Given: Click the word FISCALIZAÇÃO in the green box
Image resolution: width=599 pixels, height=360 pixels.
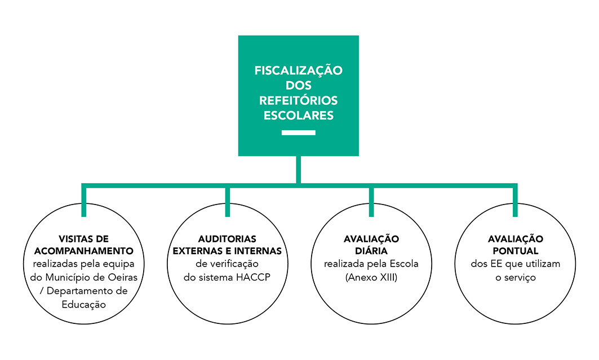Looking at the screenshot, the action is [x=298, y=70].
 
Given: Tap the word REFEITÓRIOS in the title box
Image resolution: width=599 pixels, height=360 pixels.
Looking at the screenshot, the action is [x=298, y=100].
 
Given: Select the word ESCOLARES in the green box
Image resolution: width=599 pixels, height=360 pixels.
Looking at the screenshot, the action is [x=298, y=115].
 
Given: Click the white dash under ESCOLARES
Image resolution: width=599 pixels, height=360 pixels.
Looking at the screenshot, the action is [x=298, y=132].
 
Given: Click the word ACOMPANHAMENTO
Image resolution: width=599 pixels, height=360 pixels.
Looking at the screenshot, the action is [x=83, y=251].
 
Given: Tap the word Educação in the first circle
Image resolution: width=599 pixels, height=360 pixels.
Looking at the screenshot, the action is [x=83, y=305].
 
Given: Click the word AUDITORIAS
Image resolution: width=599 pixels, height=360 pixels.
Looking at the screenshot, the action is [x=227, y=239].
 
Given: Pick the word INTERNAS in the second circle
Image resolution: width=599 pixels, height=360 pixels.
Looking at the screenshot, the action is [x=258, y=251].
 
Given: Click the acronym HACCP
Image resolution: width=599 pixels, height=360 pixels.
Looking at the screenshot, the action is [x=253, y=277].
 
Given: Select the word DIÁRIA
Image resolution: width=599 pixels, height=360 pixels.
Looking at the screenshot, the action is [x=371, y=251].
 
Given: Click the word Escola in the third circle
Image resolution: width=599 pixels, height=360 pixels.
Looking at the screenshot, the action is [x=404, y=264].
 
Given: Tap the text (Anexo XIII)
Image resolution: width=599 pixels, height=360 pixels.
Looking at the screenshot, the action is [x=371, y=278].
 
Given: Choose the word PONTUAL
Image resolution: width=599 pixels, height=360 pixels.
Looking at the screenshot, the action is [x=516, y=251].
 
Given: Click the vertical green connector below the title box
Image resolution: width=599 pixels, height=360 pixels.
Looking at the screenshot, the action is [x=298, y=170].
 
